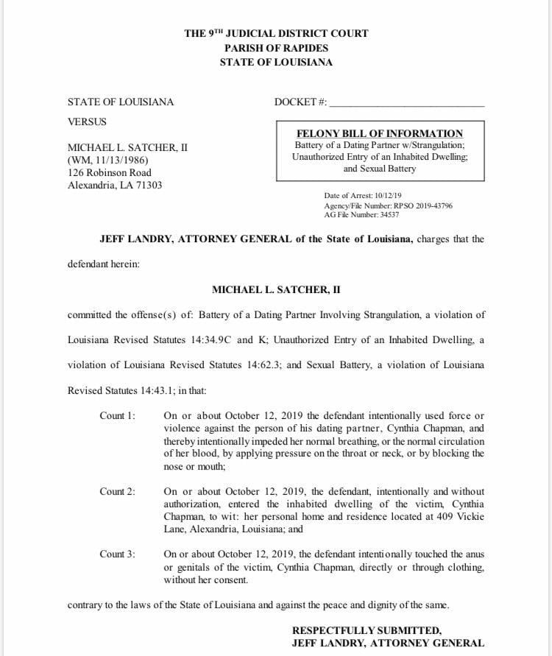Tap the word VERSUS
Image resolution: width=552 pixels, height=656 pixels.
[87, 121]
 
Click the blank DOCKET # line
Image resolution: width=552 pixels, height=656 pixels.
[406, 103]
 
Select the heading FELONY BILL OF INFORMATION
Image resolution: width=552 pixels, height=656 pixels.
[379, 133]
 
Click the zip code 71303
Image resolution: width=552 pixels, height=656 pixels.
[147, 185]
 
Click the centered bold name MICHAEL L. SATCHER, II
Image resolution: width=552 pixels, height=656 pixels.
[275, 291]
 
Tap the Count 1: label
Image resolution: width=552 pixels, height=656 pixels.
[118, 416]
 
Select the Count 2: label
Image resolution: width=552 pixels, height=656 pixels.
[118, 491]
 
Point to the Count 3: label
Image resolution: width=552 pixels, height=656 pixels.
[118, 554]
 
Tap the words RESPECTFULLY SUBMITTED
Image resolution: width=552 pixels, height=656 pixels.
[367, 630]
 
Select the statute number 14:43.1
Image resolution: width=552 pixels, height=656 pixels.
[169, 389]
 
